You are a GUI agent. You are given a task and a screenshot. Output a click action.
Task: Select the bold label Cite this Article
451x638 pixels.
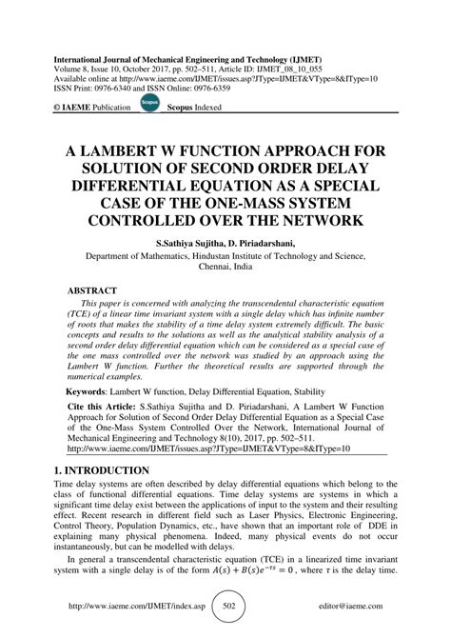[x=102, y=406]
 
